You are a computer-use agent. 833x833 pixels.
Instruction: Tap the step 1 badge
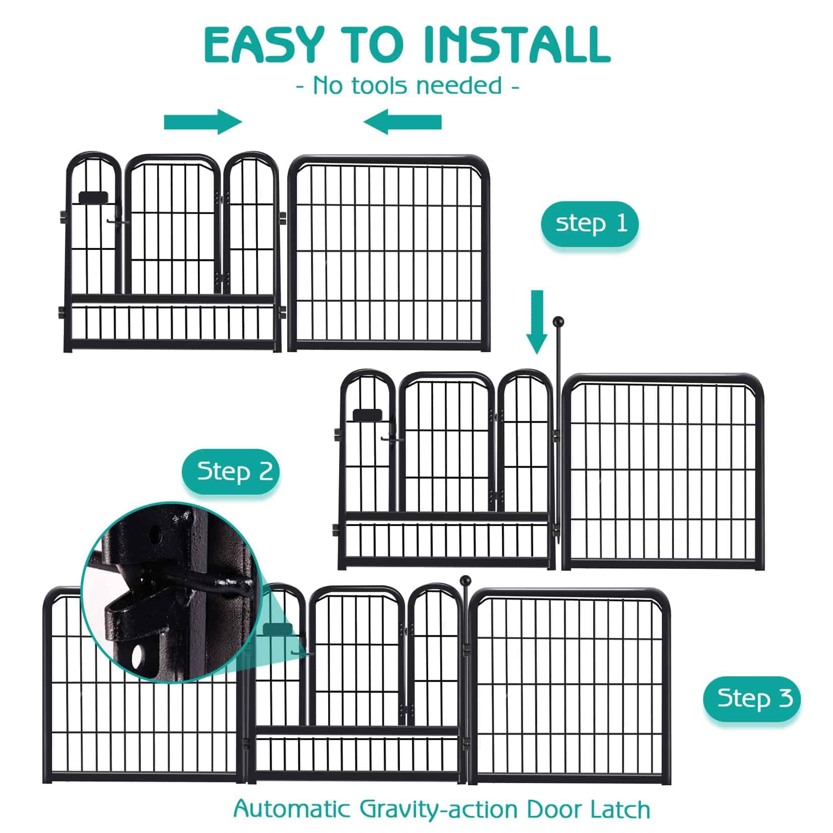pyautogui.click(x=590, y=223)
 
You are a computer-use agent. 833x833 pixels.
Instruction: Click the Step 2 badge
pyautogui.click(x=231, y=472)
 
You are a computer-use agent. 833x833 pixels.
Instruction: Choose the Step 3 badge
pyautogui.click(x=752, y=698)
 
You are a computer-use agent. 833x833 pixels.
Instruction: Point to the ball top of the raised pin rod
pyautogui.click(x=558, y=321)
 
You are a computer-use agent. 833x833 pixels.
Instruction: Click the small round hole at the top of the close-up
pyautogui.click(x=158, y=531)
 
